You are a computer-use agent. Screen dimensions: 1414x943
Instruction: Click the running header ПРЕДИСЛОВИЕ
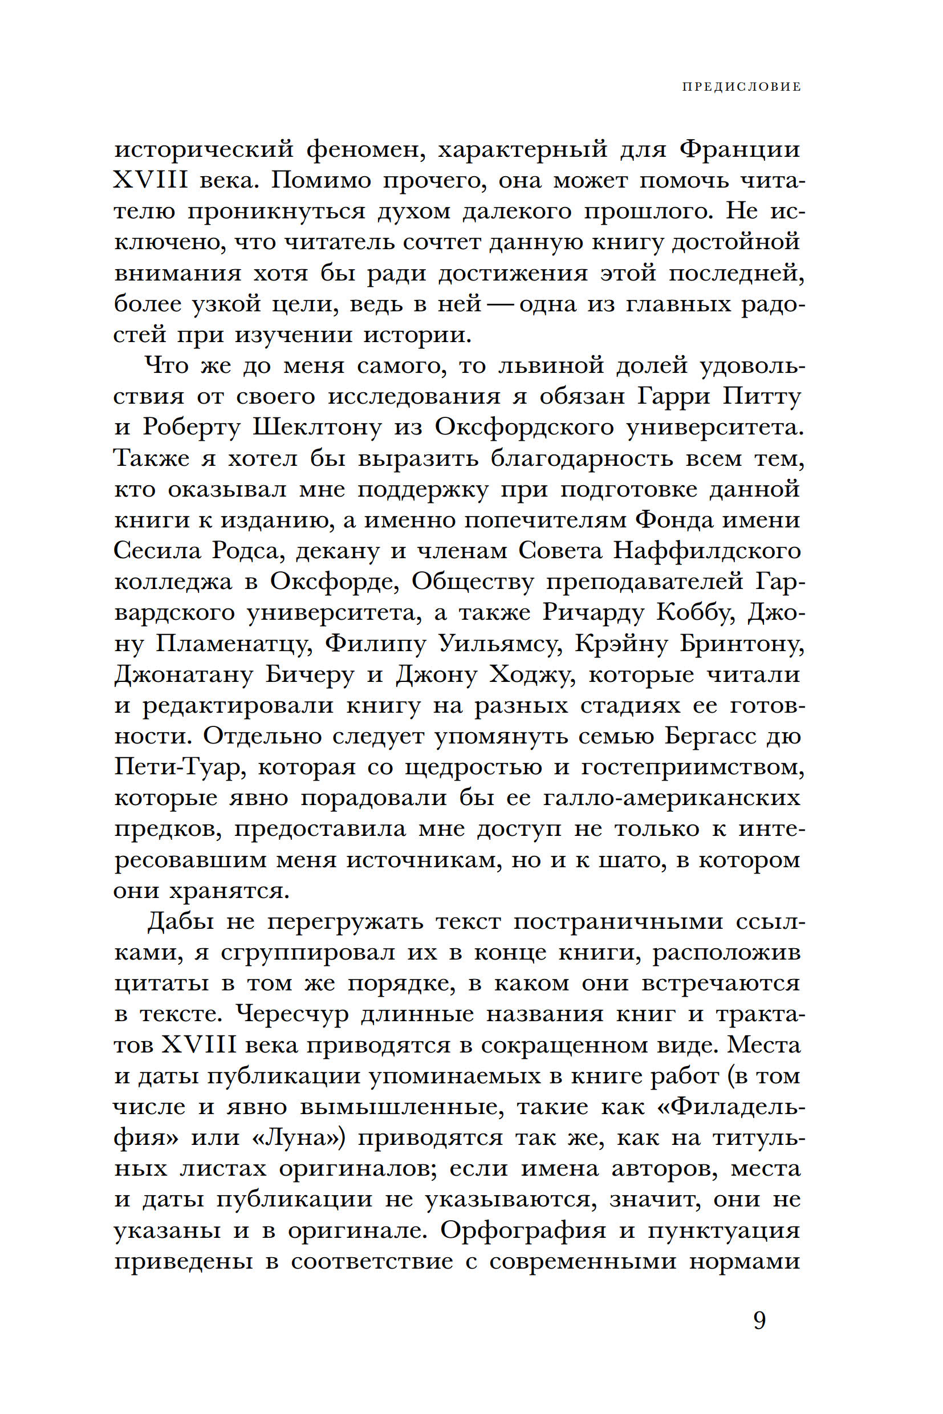pos(741,87)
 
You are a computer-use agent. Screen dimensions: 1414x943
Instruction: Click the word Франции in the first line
pos(741,149)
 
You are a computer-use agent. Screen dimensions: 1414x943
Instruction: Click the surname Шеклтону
pos(317,427)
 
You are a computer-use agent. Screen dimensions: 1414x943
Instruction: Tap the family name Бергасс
pos(710,737)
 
